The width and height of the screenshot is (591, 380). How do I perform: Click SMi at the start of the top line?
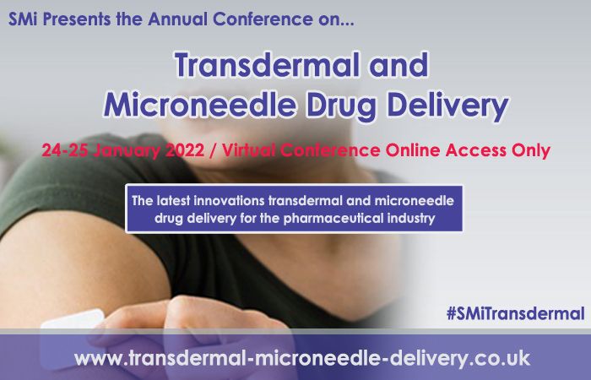[24, 17]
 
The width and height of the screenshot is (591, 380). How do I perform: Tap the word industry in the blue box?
[409, 219]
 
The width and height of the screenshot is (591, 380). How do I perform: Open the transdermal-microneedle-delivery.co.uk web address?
[301, 358]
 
